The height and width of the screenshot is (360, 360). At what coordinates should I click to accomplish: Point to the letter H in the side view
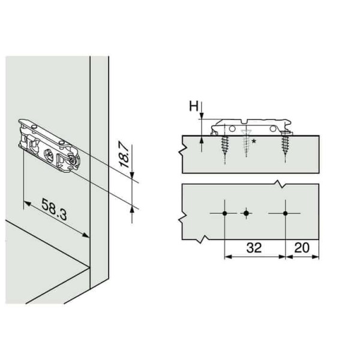click(194, 107)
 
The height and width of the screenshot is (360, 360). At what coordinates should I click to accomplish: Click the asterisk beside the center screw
click(255, 142)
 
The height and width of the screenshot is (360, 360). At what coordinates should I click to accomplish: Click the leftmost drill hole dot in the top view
click(224, 213)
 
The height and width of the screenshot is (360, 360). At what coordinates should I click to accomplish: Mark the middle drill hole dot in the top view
click(246, 213)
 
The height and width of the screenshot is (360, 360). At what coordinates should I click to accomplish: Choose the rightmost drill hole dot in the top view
click(286, 213)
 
